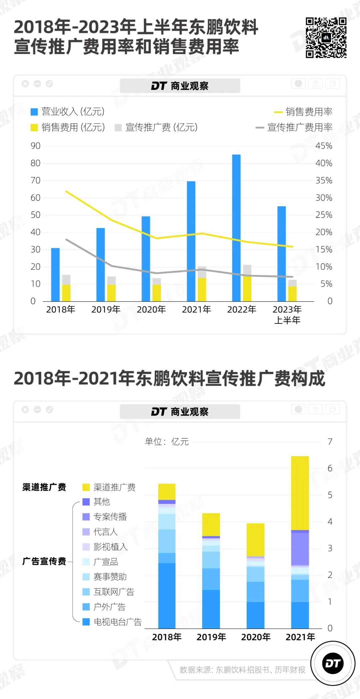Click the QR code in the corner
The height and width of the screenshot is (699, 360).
tap(326, 38)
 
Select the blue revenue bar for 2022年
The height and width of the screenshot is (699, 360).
tap(236, 228)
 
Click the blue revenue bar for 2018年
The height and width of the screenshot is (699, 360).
tap(55, 275)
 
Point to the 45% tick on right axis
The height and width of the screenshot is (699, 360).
tap(324, 146)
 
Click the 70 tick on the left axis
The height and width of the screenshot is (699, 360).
tap(35, 181)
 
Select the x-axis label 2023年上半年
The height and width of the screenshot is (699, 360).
tap(287, 315)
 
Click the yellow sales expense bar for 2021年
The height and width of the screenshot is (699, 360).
tap(202, 289)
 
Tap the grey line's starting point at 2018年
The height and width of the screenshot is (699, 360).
tap(66, 239)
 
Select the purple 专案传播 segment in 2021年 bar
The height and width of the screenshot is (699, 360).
tap(300, 548)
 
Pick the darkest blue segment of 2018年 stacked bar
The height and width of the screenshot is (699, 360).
tap(167, 595)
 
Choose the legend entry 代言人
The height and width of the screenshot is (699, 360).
tap(105, 532)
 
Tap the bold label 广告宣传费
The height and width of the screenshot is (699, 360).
tap(44, 561)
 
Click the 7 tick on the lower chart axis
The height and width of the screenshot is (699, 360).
tap(330, 442)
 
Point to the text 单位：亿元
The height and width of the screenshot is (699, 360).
tap(167, 442)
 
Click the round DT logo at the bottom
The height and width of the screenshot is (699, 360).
tap(333, 663)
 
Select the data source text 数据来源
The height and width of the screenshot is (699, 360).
tap(242, 670)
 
